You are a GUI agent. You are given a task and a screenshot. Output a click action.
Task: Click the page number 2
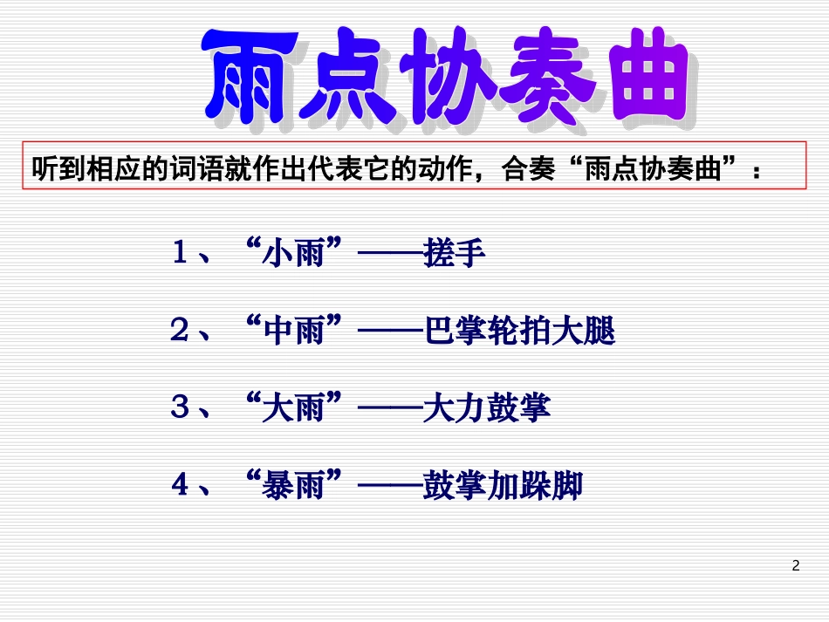pos(795,566)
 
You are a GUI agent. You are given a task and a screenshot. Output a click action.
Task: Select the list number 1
pos(180,254)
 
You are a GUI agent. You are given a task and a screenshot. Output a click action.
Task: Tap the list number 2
pos(180,332)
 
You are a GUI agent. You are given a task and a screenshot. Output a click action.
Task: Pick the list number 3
pos(180,408)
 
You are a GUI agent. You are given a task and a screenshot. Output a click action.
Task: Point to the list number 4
pos(180,485)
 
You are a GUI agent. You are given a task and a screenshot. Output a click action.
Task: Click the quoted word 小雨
pos(292,254)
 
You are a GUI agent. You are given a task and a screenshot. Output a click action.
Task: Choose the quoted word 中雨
pos(292,332)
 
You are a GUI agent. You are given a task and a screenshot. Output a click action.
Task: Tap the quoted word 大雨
pos(292,408)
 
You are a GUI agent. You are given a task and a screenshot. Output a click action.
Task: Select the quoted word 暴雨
pos(292,485)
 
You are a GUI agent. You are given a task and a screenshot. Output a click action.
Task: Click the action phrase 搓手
pos(452,254)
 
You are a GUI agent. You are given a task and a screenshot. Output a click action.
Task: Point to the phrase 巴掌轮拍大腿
pos(517,332)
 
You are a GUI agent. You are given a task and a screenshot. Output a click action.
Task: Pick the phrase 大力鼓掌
pos(485,408)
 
